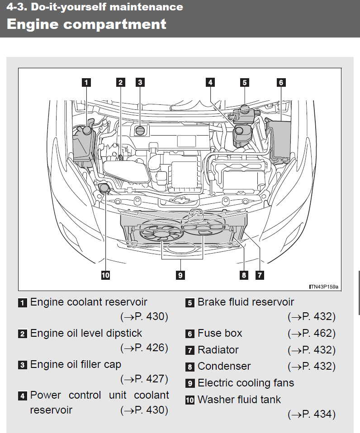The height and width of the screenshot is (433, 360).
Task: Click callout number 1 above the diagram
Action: [85, 82]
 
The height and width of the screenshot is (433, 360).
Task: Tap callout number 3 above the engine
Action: [140, 82]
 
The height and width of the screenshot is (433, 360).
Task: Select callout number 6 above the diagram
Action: [281, 82]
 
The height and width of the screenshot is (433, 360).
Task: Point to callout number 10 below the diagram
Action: [105, 275]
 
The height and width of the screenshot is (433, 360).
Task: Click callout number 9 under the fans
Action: [180, 275]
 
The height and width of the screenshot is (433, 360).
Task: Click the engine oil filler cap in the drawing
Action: [141, 131]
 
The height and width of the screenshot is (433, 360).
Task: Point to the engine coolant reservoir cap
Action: [85, 130]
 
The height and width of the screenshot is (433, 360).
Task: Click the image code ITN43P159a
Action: [324, 287]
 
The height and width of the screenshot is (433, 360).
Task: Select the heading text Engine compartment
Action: [86, 24]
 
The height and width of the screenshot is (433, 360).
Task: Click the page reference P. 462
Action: [314, 334]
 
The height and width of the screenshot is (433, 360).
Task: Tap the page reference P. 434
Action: [314, 414]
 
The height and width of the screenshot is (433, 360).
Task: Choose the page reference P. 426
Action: [147, 348]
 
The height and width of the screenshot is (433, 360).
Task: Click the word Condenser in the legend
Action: [224, 366]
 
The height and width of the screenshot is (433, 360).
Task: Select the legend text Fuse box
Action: [220, 334]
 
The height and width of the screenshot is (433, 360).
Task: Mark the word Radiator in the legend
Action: [218, 350]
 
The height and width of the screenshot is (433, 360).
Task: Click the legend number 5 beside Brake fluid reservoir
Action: [190, 303]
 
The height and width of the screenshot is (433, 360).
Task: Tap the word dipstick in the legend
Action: [123, 334]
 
